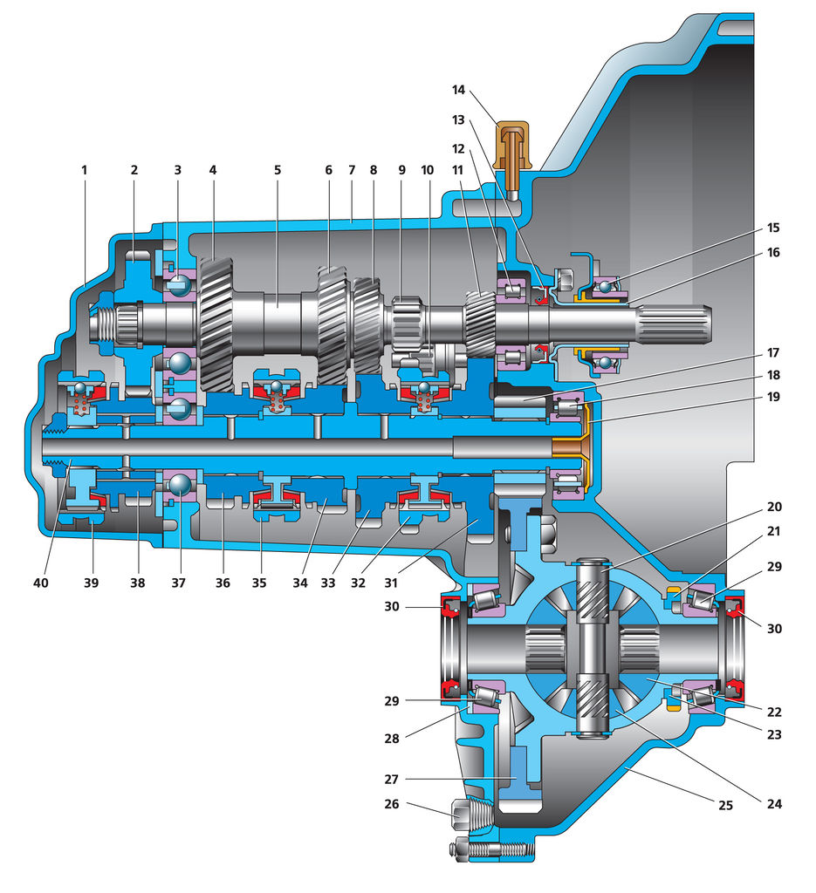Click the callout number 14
461,89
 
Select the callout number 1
85,170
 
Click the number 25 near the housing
725,806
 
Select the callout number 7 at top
351,170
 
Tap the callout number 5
278,170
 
